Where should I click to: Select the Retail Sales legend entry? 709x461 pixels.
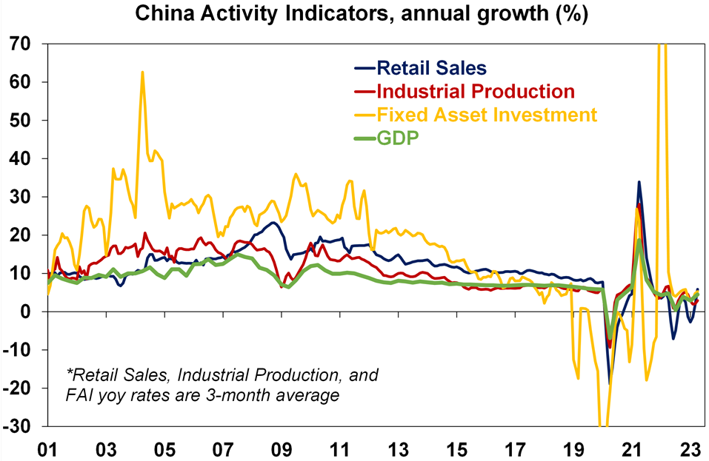coord(431,69)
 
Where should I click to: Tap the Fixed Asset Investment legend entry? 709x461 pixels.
coord(486,115)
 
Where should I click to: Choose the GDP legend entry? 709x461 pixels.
coord(399,138)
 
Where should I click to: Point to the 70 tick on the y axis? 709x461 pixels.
coord(20,44)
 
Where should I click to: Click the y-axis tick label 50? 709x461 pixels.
coord(20,120)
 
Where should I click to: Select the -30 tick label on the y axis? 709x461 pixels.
coord(17,426)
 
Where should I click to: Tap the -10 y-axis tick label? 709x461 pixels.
coord(17,350)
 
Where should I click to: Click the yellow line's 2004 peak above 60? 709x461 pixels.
coord(142,73)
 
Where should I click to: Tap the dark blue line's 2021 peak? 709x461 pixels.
coord(639,182)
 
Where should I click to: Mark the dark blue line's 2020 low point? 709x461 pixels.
coord(610,383)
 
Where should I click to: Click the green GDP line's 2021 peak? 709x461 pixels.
coord(639,240)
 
